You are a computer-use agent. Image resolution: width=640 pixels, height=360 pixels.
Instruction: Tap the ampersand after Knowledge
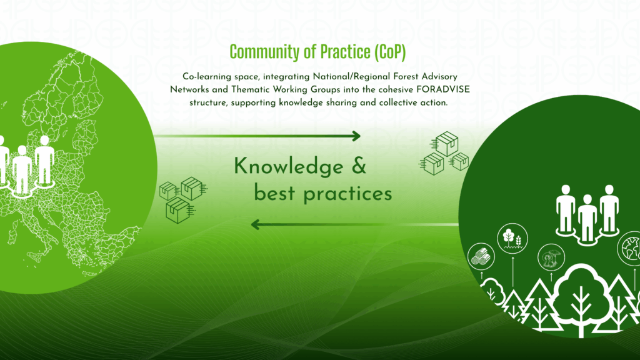(359, 166)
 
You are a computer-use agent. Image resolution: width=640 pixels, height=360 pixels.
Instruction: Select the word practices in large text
(347, 194)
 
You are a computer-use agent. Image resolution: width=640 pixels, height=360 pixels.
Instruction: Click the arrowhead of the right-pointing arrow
(356, 136)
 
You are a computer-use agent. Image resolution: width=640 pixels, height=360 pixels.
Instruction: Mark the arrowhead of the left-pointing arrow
(256, 224)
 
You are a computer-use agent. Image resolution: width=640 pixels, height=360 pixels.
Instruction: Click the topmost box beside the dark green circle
(446, 143)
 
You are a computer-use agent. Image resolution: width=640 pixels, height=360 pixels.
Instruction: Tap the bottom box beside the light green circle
(178, 210)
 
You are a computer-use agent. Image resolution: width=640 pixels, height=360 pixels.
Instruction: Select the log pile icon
(481, 257)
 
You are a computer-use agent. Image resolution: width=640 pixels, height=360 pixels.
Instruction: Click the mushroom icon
(551, 257)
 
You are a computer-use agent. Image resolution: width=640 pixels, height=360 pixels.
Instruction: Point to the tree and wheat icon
(512, 238)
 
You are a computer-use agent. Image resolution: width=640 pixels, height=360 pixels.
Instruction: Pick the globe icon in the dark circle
(629, 248)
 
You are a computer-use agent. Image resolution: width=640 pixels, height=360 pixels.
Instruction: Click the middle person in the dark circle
(587, 219)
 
